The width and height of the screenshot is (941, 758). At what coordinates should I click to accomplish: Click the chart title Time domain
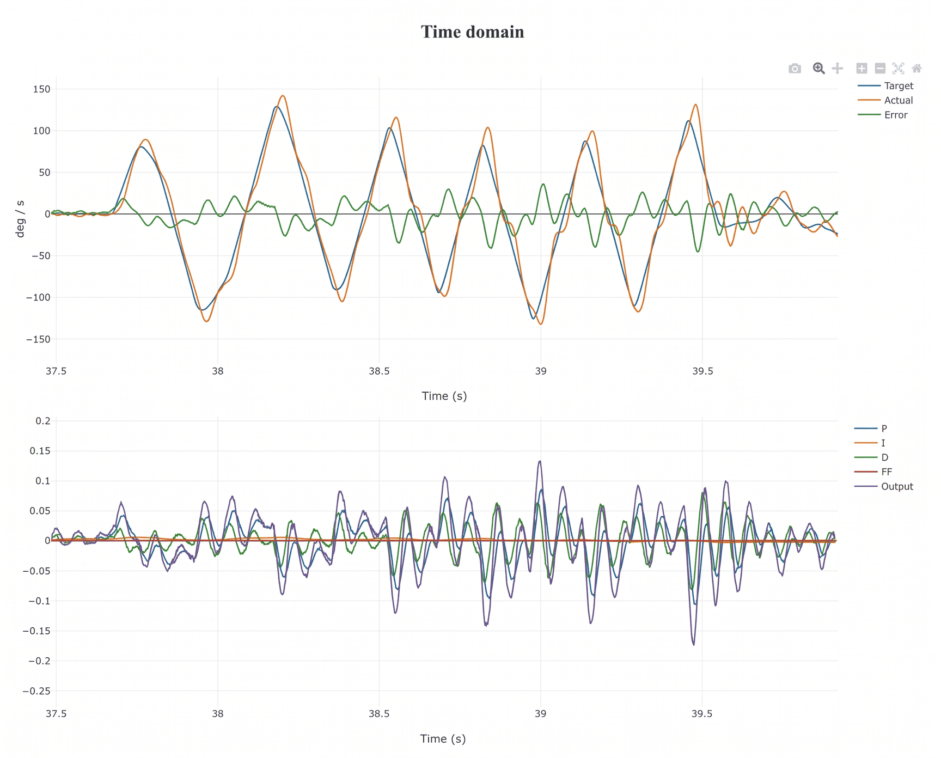(x=472, y=32)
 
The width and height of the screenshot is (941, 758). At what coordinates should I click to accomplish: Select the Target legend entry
(x=885, y=85)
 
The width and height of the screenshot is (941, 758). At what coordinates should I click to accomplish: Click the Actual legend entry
(x=885, y=100)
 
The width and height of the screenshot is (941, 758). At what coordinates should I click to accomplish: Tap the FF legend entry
(x=873, y=472)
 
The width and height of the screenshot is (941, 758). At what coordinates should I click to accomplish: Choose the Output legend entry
(x=883, y=486)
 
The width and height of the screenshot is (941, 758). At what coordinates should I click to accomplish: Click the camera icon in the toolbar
(x=795, y=68)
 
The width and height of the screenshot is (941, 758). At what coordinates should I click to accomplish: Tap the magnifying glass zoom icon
(x=818, y=68)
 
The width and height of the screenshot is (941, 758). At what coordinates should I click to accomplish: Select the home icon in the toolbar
(x=917, y=68)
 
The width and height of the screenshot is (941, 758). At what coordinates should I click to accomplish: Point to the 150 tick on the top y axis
(x=41, y=89)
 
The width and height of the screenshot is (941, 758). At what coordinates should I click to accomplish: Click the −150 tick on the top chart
(x=38, y=339)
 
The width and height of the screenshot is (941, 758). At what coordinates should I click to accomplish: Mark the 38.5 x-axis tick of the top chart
(x=379, y=371)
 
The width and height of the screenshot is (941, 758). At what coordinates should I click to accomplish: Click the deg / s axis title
(x=21, y=219)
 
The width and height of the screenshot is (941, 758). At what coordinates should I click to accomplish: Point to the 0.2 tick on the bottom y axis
(x=43, y=420)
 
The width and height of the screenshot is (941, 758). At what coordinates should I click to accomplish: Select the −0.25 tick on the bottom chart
(x=36, y=691)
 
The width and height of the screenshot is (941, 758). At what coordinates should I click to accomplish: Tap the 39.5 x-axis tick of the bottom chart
(x=702, y=714)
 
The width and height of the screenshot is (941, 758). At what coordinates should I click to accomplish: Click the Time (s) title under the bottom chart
(x=443, y=739)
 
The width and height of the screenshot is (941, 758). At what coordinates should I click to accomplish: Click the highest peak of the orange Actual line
(x=282, y=96)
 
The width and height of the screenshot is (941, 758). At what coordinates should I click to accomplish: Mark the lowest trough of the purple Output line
(x=694, y=645)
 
